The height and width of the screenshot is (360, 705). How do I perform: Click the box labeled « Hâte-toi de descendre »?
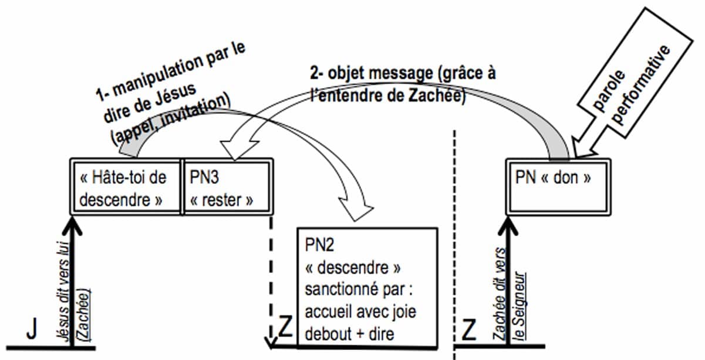point(123,188)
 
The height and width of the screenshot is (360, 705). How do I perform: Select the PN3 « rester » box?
point(227,188)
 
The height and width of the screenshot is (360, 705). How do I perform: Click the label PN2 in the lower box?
point(319,243)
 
